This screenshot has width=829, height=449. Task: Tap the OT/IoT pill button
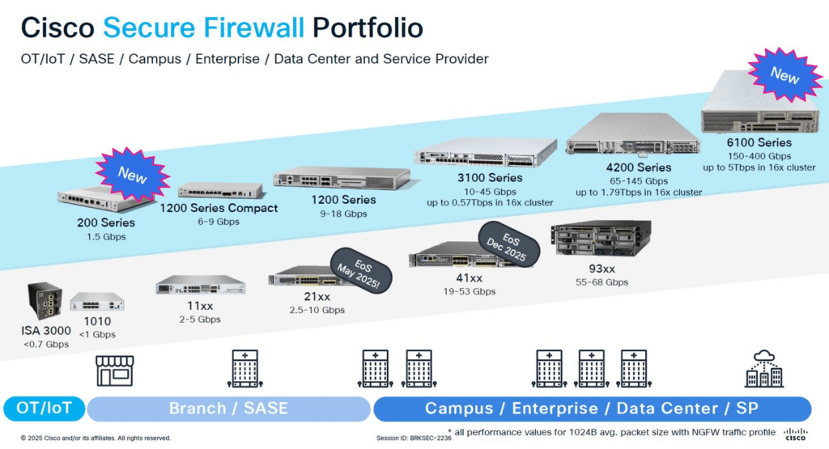tap(44, 409)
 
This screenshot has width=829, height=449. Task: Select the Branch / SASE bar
tap(228, 409)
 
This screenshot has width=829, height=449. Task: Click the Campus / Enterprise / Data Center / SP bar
tap(592, 409)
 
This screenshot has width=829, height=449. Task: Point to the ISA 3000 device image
tap(45, 300)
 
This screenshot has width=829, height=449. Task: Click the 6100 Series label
tap(759, 142)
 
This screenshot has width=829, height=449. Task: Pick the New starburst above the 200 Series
tap(132, 174)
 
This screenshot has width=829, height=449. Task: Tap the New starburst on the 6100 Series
tap(785, 75)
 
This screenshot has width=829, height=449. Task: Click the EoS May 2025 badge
tap(360, 271)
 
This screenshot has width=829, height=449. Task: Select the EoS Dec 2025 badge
tap(508, 244)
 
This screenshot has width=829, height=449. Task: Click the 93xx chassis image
tap(602, 239)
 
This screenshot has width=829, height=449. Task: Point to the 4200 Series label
tap(639, 167)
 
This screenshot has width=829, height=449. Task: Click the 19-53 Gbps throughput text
tap(470, 291)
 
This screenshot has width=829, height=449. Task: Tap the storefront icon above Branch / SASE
tap(115, 371)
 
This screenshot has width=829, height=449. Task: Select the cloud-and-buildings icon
tap(764, 368)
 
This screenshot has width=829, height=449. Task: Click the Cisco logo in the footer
tap(796, 434)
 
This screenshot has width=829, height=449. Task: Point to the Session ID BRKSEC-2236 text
tap(414, 438)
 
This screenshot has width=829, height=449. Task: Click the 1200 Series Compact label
tap(219, 208)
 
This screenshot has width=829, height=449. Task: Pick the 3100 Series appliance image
tap(486, 152)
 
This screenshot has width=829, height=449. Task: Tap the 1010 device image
tap(97, 302)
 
